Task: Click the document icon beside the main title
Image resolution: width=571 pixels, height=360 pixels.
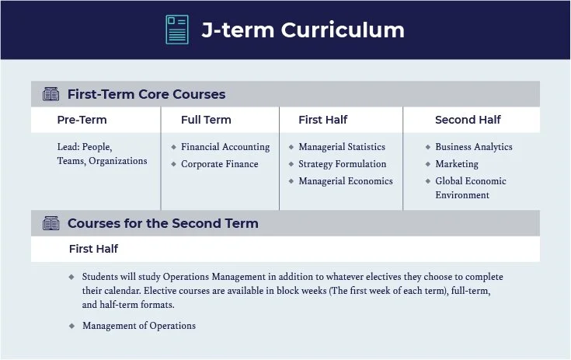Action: (177, 30)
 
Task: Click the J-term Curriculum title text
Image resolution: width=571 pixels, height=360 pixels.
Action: (303, 30)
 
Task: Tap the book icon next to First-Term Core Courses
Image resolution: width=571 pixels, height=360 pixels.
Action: (50, 95)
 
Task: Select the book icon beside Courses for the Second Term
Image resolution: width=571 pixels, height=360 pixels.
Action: (50, 224)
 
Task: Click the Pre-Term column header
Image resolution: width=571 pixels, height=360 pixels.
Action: (82, 120)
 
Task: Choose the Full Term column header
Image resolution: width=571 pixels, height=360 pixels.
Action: (206, 120)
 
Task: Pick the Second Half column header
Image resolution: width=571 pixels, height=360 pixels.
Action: (468, 120)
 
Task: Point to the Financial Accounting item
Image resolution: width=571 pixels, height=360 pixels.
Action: (225, 147)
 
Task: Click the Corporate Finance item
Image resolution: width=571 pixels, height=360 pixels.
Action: (219, 164)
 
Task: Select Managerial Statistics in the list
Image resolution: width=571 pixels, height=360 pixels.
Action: (342, 147)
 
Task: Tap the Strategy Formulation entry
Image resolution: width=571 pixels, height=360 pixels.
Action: (342, 164)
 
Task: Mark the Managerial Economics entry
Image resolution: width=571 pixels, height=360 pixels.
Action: (346, 181)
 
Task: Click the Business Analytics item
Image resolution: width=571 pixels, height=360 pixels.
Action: (474, 147)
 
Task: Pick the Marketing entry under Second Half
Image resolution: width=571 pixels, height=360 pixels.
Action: (457, 164)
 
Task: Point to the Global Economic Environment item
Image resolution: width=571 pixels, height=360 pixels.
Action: (470, 188)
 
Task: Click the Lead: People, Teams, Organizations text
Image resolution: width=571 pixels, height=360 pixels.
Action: (102, 154)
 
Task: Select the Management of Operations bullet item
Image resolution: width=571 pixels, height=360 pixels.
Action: (139, 326)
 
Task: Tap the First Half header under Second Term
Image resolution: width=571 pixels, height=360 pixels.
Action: (93, 249)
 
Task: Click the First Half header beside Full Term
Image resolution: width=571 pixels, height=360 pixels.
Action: (322, 120)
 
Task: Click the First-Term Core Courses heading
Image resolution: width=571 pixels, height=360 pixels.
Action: (146, 95)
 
